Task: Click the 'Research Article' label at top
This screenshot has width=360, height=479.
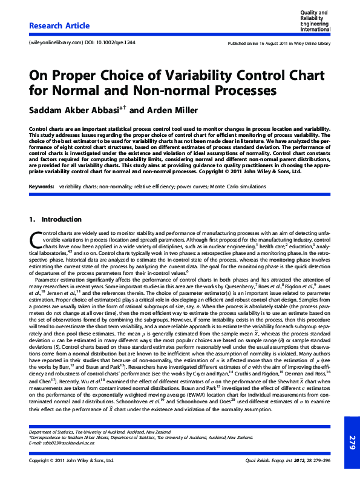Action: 59,26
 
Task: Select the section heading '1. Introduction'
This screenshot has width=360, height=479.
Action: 55,219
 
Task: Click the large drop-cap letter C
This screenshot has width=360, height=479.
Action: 34,239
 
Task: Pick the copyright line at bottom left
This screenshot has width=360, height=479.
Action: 71,460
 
